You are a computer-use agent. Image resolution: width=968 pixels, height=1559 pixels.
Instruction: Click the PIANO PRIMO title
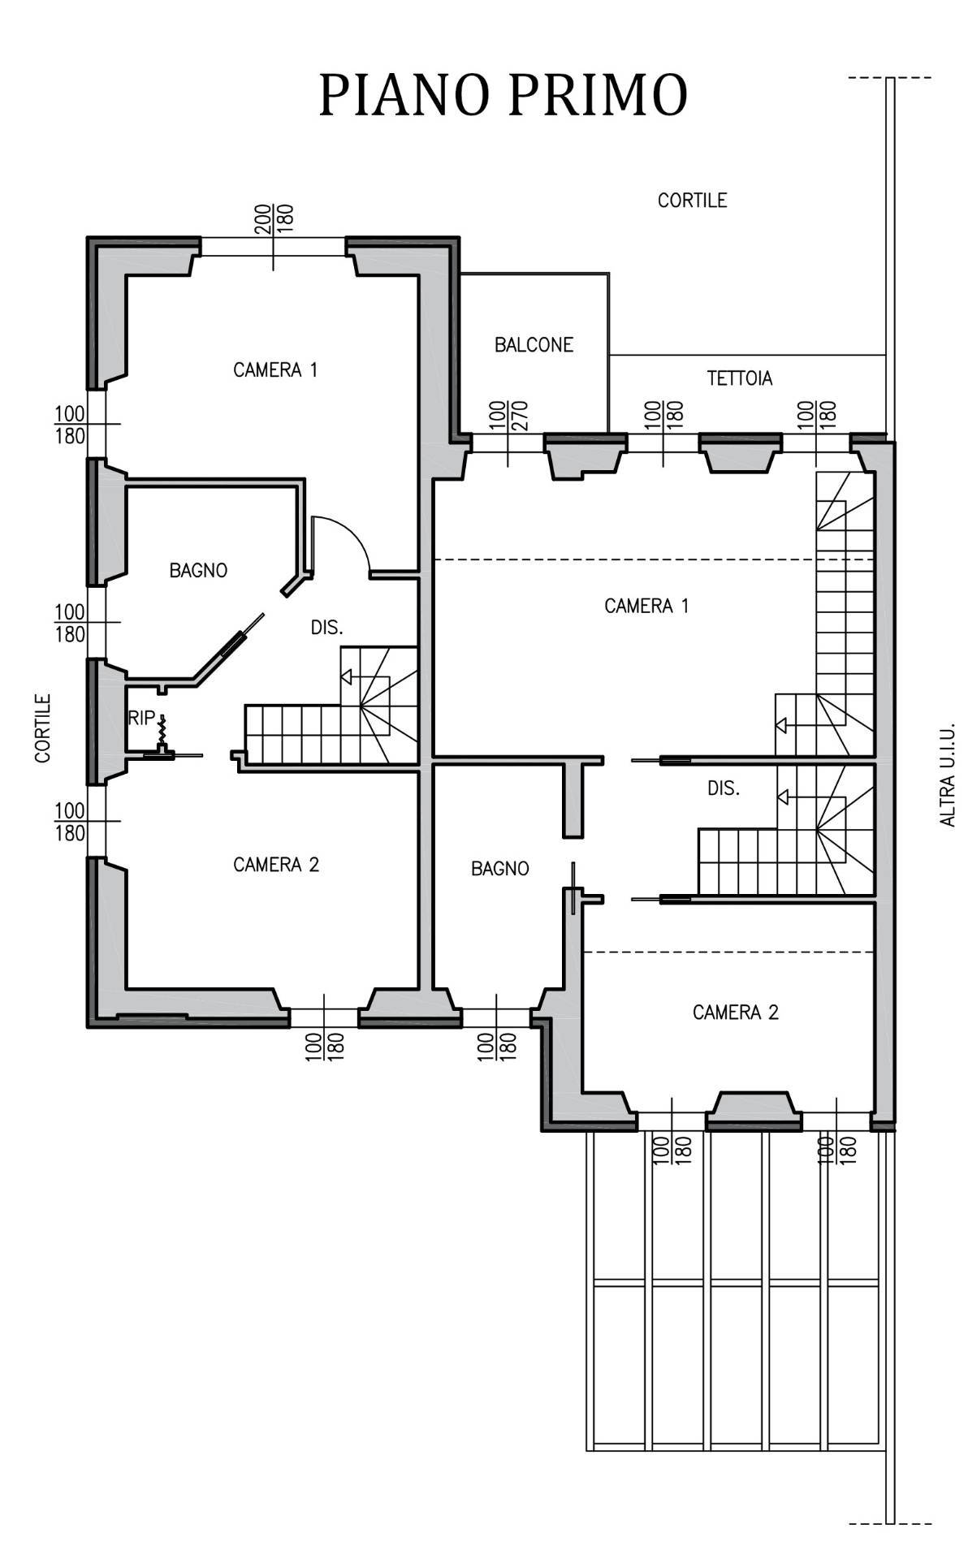pyautogui.click(x=503, y=95)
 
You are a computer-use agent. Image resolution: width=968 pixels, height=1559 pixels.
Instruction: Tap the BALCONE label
pyautogui.click(x=534, y=345)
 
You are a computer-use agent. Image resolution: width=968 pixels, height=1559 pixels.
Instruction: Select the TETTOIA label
pyautogui.click(x=739, y=378)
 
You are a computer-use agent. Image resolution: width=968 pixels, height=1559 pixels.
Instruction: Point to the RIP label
pyautogui.click(x=140, y=718)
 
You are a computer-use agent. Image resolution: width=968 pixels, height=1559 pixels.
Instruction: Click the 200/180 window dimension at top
pyautogui.click(x=274, y=219)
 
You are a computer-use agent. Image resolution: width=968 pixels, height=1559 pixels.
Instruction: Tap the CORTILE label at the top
pyautogui.click(x=692, y=201)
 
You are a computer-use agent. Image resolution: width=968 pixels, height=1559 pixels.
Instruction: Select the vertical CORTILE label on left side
pyautogui.click(x=43, y=728)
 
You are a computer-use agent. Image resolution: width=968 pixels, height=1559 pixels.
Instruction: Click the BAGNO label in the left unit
pyautogui.click(x=198, y=571)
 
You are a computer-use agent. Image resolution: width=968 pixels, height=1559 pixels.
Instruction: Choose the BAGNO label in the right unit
pyautogui.click(x=499, y=869)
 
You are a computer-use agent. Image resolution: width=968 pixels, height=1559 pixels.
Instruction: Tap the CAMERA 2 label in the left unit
pyautogui.click(x=276, y=865)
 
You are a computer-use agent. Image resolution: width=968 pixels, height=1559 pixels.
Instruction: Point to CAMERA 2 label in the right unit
pyautogui.click(x=735, y=1013)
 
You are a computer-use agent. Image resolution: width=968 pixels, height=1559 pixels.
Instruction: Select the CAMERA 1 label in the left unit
pyautogui.click(x=275, y=370)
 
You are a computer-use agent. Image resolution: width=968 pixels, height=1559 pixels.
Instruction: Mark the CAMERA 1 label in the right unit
pyautogui.click(x=646, y=606)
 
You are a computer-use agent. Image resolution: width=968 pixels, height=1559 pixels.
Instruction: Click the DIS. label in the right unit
pyautogui.click(x=723, y=788)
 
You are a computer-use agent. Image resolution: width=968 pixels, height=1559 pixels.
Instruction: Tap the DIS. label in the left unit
pyautogui.click(x=326, y=628)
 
